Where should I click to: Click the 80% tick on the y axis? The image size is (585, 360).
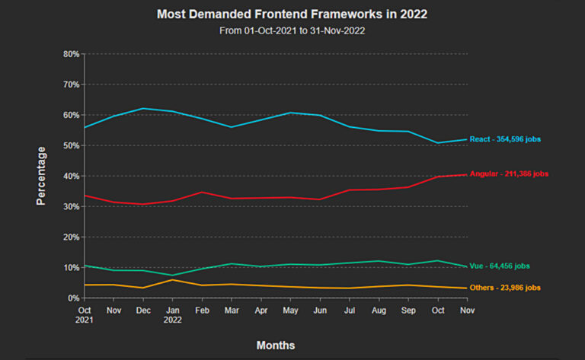point(72,54)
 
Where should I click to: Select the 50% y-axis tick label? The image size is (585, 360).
point(72,145)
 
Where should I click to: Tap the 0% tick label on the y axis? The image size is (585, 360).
point(74,298)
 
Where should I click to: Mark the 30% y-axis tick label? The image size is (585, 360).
point(72,207)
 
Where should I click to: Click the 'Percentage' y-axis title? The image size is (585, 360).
point(42,177)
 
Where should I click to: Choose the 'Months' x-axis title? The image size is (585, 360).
point(275,345)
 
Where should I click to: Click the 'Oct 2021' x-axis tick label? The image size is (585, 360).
point(85,315)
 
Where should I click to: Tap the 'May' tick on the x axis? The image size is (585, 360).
point(290,311)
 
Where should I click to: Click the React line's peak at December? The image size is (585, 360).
point(143,108)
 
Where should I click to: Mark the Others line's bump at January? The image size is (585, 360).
point(173,279)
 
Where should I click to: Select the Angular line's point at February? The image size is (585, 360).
point(202,192)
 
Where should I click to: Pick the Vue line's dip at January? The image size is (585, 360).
point(173,275)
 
